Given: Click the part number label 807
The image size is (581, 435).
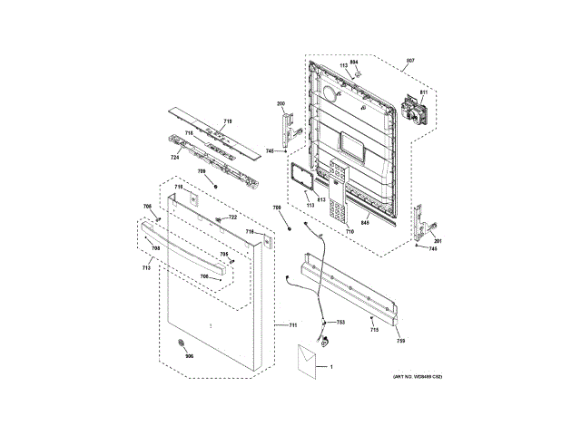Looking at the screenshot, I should tap(410, 61).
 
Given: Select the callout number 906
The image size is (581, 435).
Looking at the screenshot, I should tap(190, 355).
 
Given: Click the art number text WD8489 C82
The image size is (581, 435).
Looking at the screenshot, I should tap(417, 376).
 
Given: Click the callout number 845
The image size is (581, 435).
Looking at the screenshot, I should tap(364, 223).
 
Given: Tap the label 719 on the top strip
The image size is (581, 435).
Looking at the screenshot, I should tap(228, 121).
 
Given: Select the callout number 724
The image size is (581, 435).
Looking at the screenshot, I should tap(174, 158).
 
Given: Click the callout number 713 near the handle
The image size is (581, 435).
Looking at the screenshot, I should tap(146, 268).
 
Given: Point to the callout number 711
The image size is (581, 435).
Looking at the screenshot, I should tap(293, 324).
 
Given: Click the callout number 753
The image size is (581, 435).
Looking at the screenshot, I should tap(340, 323).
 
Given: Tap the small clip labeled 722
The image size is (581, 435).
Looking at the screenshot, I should tap(220, 219).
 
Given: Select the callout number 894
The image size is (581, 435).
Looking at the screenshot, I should tap(354, 61).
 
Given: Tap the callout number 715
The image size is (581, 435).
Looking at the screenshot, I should tap(374, 330).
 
